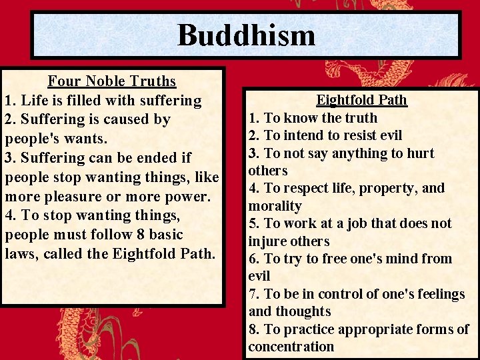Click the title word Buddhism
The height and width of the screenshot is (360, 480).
pyautogui.click(x=246, y=35)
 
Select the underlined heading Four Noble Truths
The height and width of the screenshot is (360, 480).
pyautogui.click(x=112, y=81)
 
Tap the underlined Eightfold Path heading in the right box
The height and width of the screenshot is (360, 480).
pyautogui.click(x=361, y=100)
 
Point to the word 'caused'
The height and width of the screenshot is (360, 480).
pyautogui.click(x=129, y=120)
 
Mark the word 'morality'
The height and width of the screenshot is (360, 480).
pyautogui.click(x=275, y=206)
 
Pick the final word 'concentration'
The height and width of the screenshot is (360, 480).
pyautogui.click(x=291, y=347)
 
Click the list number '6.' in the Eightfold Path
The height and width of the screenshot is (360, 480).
pyautogui.click(x=255, y=259)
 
